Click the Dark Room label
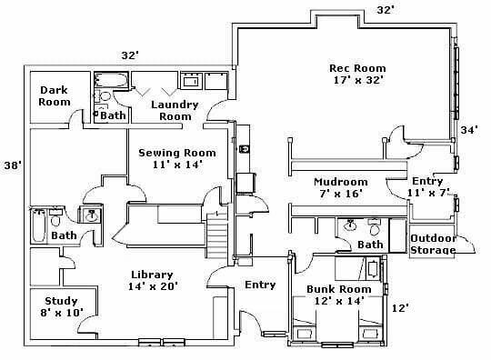[x=55, y=95]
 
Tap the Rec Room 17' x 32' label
[x=357, y=74]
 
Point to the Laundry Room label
[x=175, y=110]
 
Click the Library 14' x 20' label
[x=153, y=280]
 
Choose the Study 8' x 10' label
[x=62, y=306]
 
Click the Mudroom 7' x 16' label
[x=341, y=187]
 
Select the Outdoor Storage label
[x=433, y=244]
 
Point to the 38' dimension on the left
[x=13, y=165]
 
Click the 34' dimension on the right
[x=469, y=130]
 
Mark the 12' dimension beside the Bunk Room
[x=400, y=308]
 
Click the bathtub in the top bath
[x=111, y=80]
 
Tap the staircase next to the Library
[x=216, y=235]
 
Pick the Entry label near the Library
[x=260, y=285]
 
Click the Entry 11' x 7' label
[x=427, y=186]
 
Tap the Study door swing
[x=85, y=323]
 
